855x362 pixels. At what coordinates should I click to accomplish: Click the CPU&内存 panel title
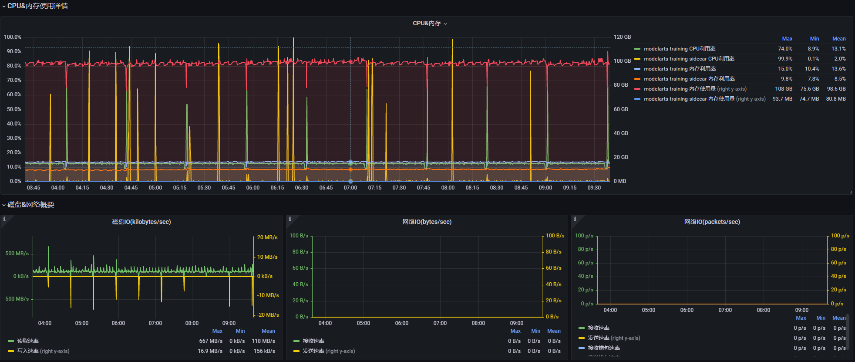pyautogui.click(x=427, y=24)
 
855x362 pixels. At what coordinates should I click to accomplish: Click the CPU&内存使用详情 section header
pyautogui.click(x=37, y=6)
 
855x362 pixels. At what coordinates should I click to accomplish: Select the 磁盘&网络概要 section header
pyautogui.click(x=30, y=205)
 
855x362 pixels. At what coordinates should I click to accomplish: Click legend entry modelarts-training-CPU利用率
pyautogui.click(x=680, y=49)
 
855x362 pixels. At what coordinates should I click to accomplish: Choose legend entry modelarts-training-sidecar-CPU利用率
pyautogui.click(x=689, y=59)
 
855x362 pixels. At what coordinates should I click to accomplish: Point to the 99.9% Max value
pyautogui.click(x=785, y=59)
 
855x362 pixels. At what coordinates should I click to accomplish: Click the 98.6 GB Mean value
pyautogui.click(x=836, y=89)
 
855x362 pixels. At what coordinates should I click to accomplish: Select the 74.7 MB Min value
pyautogui.click(x=809, y=99)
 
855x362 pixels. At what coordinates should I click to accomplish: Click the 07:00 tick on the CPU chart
pyautogui.click(x=350, y=188)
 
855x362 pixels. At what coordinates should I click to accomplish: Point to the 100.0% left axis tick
pyautogui.click(x=13, y=37)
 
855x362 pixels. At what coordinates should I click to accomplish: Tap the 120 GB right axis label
pyautogui.click(x=622, y=37)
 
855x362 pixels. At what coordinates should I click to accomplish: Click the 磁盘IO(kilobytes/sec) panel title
pyautogui.click(x=141, y=222)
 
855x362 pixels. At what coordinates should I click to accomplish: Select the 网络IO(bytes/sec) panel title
pyautogui.click(x=427, y=222)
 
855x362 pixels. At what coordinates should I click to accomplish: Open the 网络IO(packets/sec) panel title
pyautogui.click(x=712, y=222)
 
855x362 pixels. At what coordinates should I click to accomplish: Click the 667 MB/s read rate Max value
pyautogui.click(x=211, y=341)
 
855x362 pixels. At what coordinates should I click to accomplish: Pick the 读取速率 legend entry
pyautogui.click(x=28, y=341)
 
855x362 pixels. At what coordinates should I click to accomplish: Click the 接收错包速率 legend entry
pyautogui.click(x=604, y=348)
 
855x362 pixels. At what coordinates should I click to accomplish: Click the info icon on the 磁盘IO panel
pyautogui.click(x=4, y=219)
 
